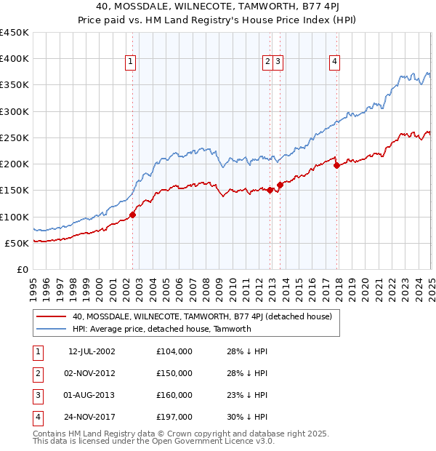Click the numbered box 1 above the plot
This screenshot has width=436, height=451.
point(131,63)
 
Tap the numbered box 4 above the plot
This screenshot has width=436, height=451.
point(334,63)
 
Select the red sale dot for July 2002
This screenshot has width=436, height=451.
point(132,215)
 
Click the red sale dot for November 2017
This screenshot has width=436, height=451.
point(336,165)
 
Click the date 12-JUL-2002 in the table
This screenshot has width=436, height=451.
point(92,351)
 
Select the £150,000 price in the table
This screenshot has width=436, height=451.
point(174,373)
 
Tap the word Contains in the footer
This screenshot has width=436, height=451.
point(49,434)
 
